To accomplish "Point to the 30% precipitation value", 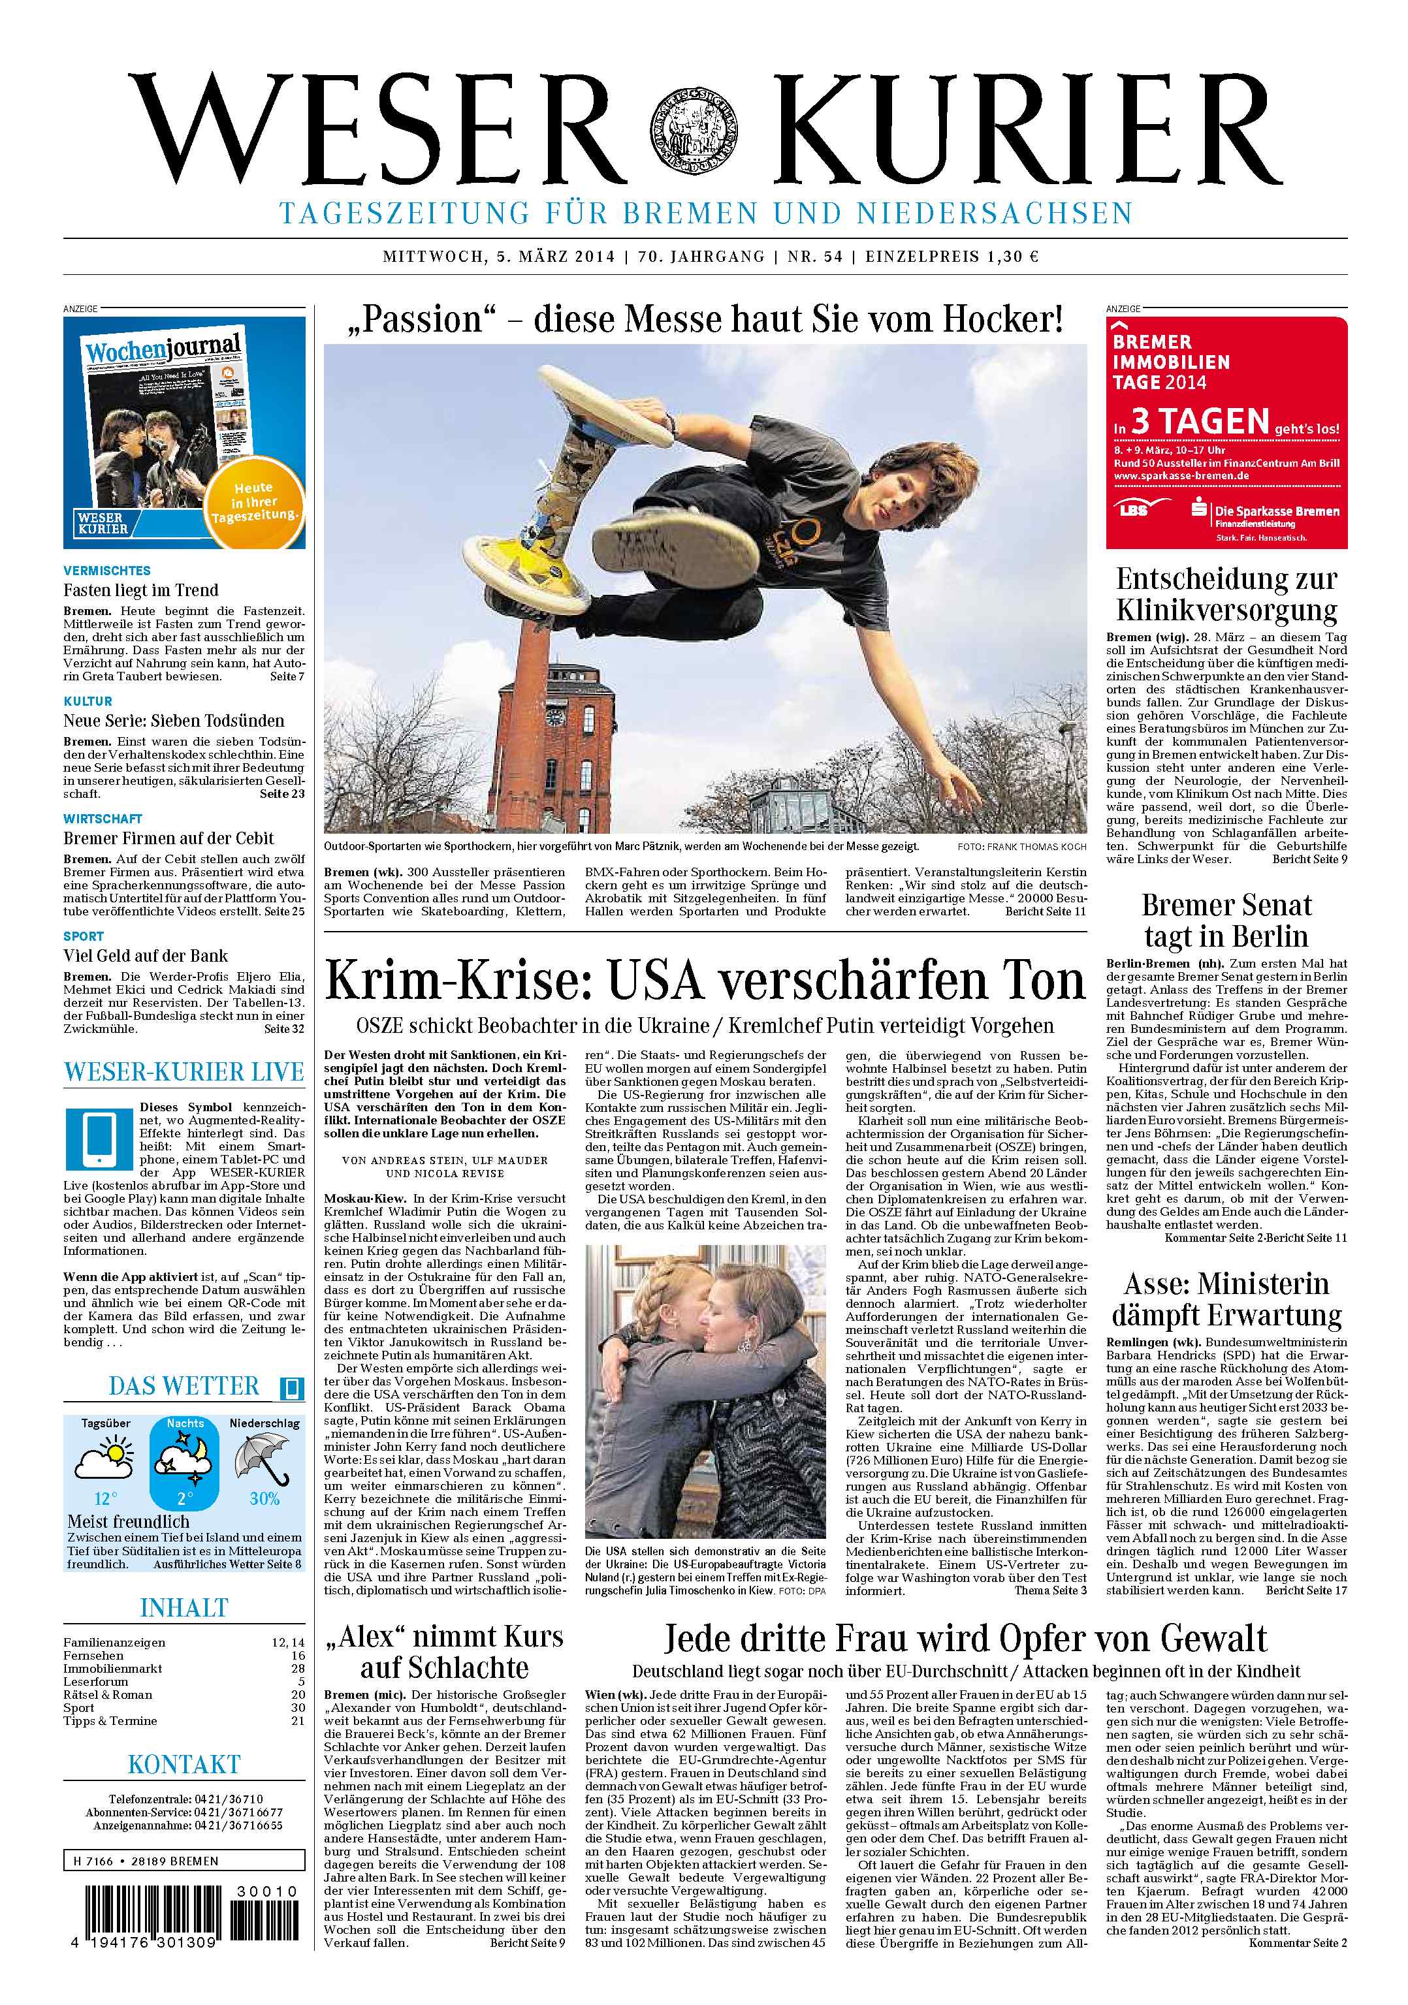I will [264, 1498].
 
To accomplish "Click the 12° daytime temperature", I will [104, 1498].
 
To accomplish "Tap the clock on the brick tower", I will [554, 717].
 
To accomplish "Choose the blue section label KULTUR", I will [88, 701].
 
